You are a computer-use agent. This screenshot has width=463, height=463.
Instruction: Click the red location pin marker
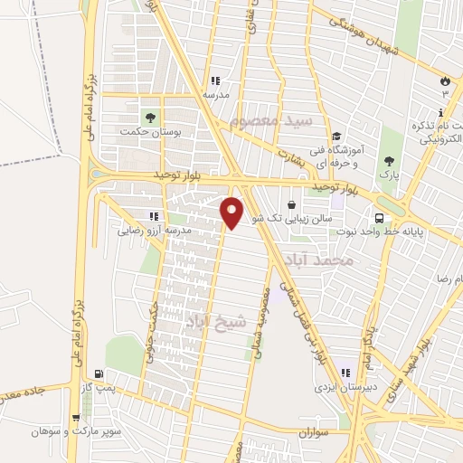[x=232, y=212]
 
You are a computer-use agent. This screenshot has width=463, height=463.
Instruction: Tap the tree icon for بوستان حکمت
[x=149, y=117]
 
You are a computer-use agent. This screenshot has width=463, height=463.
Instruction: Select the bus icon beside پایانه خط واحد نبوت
[x=379, y=218]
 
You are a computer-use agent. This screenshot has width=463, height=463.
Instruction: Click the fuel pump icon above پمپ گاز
[x=99, y=373]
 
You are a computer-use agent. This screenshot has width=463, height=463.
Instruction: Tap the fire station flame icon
[x=444, y=80]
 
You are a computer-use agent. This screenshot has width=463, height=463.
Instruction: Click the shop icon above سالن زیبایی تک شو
[x=291, y=204]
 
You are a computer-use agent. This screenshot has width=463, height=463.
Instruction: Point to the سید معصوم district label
[x=271, y=119]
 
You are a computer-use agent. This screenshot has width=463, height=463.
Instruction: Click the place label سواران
[x=314, y=433]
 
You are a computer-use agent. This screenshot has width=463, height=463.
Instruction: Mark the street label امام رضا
[x=449, y=279]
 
